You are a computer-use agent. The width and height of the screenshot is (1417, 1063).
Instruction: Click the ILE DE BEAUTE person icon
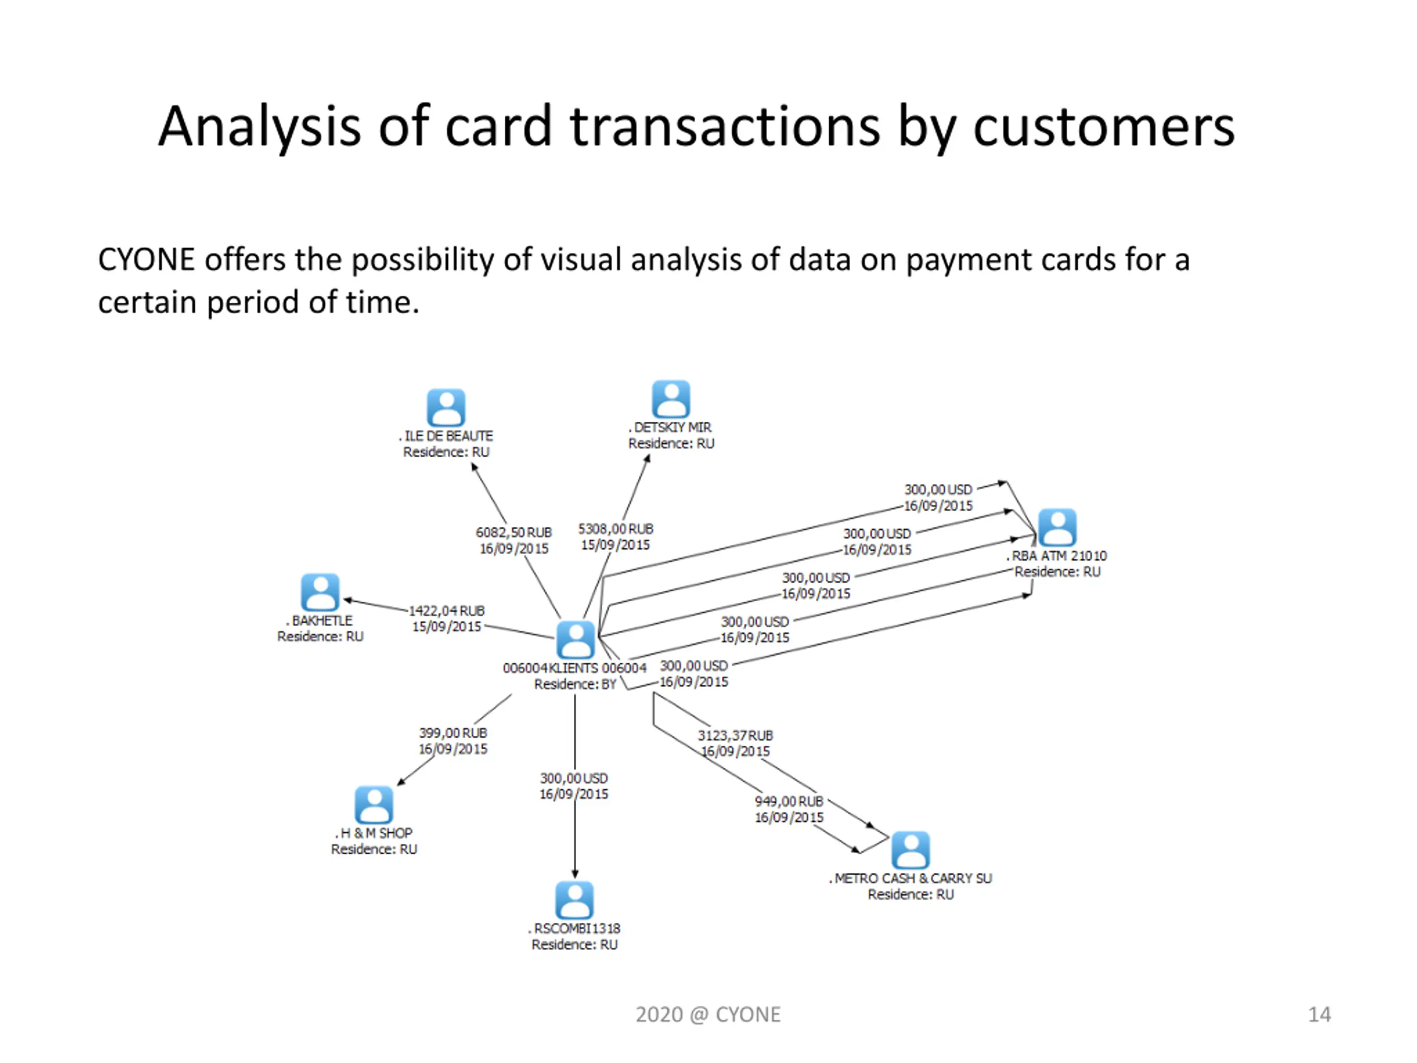coord(446,407)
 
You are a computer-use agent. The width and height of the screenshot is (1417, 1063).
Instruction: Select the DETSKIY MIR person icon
coord(671,399)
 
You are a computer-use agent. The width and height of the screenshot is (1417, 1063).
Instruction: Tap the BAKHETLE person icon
coord(320,591)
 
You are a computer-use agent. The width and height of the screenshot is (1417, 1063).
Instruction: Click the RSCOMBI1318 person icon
coord(574,900)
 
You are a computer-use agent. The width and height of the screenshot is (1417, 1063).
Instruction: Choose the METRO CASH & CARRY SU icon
coord(911,850)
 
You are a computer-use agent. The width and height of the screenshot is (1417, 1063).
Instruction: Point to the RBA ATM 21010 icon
coord(1057,527)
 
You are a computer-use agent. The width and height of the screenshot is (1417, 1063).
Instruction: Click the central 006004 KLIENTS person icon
coord(575,639)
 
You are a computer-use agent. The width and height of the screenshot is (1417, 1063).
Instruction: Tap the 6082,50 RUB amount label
coord(514,533)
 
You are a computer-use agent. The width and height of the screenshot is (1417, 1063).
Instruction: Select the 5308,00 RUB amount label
coord(616,529)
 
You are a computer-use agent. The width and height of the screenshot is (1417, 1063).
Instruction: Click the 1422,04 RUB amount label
coord(447,611)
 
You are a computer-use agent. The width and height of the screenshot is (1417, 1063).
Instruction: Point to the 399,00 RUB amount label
coord(453,732)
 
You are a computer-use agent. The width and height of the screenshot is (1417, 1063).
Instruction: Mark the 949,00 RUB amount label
coord(789,801)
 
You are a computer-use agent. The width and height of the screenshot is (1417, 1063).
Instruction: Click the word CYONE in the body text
coord(146,260)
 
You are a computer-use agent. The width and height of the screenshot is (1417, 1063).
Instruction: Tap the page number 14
coord(1319,1014)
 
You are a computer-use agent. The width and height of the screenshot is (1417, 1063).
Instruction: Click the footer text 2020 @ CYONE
coord(708,1014)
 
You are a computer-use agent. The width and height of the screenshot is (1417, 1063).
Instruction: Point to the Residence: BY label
coord(575,684)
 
